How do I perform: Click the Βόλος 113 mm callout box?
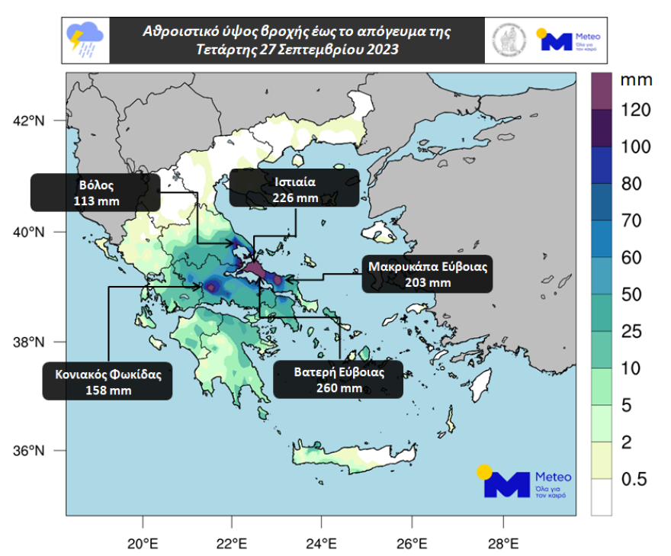point(95,192)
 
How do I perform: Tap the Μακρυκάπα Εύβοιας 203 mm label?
point(427,274)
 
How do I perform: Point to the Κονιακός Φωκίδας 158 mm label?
point(108,381)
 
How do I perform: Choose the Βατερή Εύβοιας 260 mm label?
point(339,379)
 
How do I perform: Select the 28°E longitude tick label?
point(502,544)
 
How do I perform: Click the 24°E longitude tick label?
point(322,544)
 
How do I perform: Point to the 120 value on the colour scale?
point(634,111)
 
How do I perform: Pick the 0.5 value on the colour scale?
point(634,480)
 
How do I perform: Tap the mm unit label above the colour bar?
point(634,79)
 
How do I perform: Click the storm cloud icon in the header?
point(85,40)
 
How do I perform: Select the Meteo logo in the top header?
point(570,40)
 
